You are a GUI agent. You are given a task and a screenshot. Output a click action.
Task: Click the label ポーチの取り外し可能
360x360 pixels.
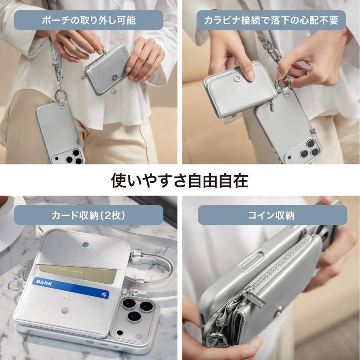(88, 20)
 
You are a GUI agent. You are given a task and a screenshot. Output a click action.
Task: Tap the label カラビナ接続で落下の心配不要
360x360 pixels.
(271, 20)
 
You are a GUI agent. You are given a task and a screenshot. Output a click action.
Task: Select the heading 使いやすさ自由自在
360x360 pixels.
(180, 180)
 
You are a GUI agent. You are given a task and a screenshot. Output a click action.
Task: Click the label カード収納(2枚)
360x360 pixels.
(88, 215)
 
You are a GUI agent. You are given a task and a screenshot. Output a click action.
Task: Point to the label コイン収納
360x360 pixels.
(271, 215)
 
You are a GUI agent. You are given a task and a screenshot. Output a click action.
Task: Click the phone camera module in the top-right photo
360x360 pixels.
(308, 148)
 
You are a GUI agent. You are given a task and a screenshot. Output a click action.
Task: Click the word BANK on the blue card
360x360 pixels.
(44, 282)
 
